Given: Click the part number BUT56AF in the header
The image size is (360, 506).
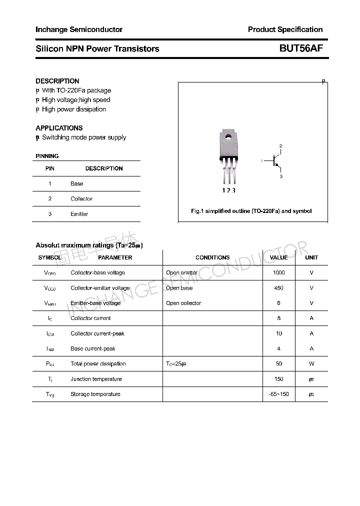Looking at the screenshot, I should click(x=301, y=48).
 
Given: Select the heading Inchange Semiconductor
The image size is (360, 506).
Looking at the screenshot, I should click(x=79, y=29).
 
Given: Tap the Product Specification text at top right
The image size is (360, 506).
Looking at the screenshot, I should click(x=285, y=29).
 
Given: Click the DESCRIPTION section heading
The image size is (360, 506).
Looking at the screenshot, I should click(x=57, y=81).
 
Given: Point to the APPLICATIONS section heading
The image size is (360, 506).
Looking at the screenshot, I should click(x=59, y=128).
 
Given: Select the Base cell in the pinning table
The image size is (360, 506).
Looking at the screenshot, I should click(x=77, y=183).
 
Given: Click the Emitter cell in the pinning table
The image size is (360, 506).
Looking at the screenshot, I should click(x=79, y=214).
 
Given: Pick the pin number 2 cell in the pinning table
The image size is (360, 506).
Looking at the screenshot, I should click(x=50, y=198).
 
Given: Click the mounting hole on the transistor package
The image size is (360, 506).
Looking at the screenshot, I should click(x=228, y=135).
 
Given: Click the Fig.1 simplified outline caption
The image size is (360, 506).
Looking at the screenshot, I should click(x=251, y=211).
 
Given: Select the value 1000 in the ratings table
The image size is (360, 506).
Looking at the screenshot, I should click(x=278, y=272).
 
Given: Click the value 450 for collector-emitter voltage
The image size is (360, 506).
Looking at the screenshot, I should click(x=278, y=288).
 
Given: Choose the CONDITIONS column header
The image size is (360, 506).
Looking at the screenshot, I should click(x=212, y=257).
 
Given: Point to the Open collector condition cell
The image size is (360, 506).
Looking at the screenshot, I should click(x=183, y=303).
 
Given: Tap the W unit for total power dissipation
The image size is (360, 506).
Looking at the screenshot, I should click(x=311, y=363).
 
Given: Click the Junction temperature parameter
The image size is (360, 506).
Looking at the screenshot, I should click(x=96, y=379).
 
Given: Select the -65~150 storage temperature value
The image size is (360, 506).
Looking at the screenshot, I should click(x=278, y=394).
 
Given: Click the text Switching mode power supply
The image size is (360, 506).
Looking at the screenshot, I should click(x=84, y=137).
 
